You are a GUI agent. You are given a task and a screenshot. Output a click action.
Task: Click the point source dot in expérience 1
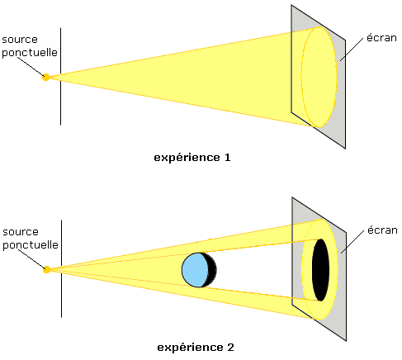[46, 78]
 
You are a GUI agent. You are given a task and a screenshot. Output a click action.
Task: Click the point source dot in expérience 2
[47, 270]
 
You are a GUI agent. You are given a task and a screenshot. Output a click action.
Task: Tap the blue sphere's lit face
[195, 270]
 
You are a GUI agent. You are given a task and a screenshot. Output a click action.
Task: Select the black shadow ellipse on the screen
[320, 270]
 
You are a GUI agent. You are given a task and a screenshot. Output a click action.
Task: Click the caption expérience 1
[192, 158]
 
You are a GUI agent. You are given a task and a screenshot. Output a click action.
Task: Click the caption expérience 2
[196, 348]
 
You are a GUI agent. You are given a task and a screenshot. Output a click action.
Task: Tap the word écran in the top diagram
[381, 38]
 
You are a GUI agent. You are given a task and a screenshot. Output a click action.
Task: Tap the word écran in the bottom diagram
[382, 230]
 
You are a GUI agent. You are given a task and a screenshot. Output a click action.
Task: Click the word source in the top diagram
[20, 40]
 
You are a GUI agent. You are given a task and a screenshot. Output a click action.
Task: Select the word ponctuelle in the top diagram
[30, 53]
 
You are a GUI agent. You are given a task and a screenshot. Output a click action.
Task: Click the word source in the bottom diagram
[21, 232]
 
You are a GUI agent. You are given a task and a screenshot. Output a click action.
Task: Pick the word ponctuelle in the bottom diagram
[31, 245]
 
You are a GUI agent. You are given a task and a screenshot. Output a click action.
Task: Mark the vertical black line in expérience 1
[60, 76]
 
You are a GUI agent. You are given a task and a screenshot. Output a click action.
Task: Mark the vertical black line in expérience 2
[61, 268]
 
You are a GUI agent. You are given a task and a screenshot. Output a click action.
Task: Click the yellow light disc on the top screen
[319, 77]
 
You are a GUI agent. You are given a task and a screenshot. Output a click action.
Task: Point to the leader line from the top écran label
[352, 50]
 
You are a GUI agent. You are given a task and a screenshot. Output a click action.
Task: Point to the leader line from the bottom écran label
[352, 242]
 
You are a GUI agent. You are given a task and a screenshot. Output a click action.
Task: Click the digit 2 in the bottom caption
[231, 347]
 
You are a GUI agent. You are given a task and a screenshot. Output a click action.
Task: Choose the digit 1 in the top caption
[228, 158]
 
